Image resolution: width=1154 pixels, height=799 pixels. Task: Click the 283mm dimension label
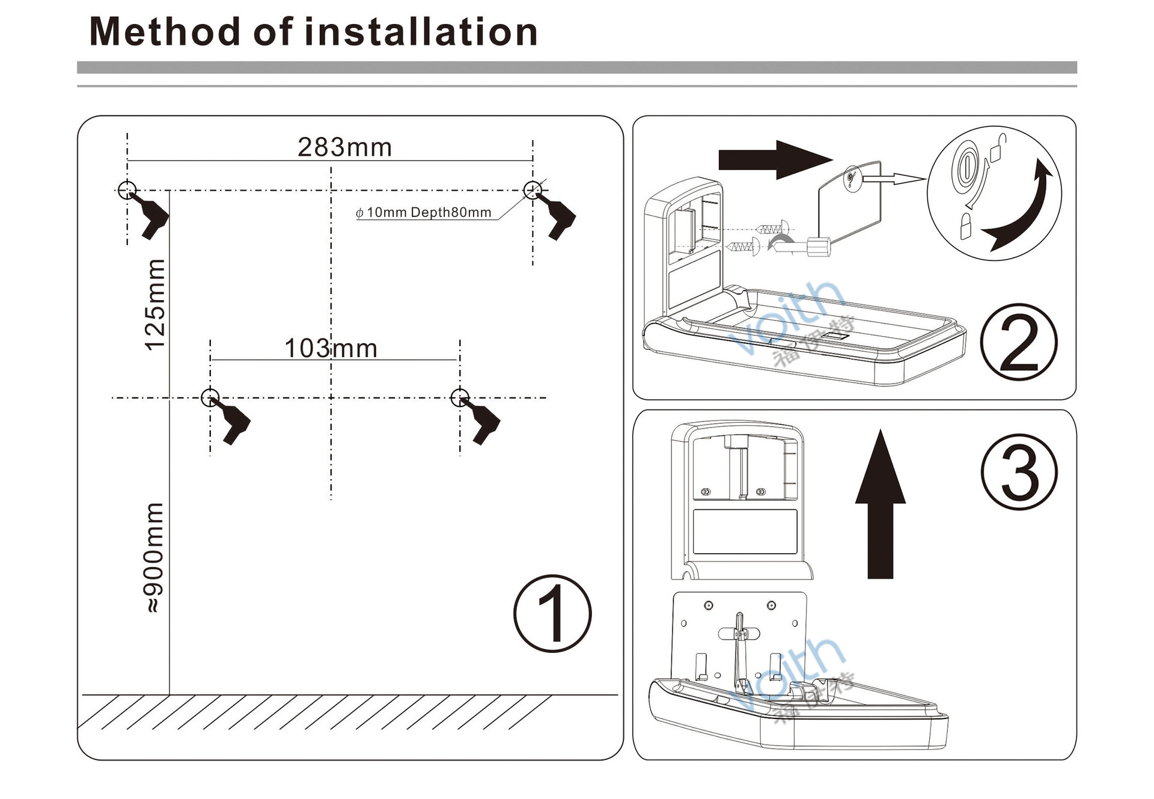coord(344,147)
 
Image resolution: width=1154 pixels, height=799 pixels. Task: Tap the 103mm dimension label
coord(331,348)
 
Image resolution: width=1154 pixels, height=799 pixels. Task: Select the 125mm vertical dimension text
coord(155,305)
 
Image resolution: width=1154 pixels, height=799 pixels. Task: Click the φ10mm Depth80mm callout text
coord(423,213)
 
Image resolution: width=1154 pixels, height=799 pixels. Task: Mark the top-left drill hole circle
coord(127,190)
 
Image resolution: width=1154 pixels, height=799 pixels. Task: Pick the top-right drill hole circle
coord(533,190)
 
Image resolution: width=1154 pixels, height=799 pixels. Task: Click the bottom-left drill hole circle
coord(210,397)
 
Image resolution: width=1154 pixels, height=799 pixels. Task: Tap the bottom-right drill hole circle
coord(460,397)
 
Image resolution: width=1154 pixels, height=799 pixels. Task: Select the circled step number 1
coord(552,613)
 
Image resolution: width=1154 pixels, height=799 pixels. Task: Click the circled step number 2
coord(1019,342)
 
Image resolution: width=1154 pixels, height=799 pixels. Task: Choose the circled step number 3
coord(1019,472)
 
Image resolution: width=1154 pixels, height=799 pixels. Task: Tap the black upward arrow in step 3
coord(881,505)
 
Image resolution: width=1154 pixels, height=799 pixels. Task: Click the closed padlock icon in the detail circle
coord(966,227)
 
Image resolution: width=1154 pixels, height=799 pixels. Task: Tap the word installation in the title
coord(421,32)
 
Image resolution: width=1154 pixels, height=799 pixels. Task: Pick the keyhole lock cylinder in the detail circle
coord(966,165)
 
